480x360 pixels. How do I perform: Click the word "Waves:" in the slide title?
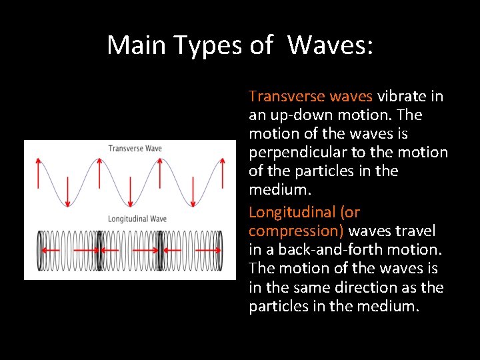coord(331,45)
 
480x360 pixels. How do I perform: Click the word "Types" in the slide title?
coord(207,45)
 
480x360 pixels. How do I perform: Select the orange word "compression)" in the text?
coord(296,231)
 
